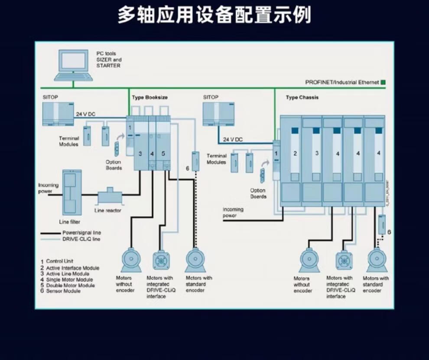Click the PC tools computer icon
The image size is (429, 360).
click(73, 65)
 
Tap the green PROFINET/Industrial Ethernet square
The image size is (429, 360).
click(383, 82)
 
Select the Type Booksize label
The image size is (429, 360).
click(149, 98)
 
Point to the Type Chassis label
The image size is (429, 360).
click(302, 98)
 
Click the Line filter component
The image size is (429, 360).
click(71, 192)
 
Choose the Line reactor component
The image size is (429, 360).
click(110, 197)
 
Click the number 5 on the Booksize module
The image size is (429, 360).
click(163, 154)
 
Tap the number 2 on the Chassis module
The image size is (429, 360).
click(295, 153)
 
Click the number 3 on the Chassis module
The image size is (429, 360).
click(317, 153)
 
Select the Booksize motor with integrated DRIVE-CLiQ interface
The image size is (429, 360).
click(162, 259)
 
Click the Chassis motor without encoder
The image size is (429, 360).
click(309, 260)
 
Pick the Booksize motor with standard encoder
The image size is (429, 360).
click(195, 259)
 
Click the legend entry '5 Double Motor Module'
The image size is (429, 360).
click(70, 285)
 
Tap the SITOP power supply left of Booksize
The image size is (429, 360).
click(58, 114)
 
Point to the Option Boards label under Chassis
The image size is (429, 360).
click(258, 193)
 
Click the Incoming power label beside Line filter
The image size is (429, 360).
click(48, 188)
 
